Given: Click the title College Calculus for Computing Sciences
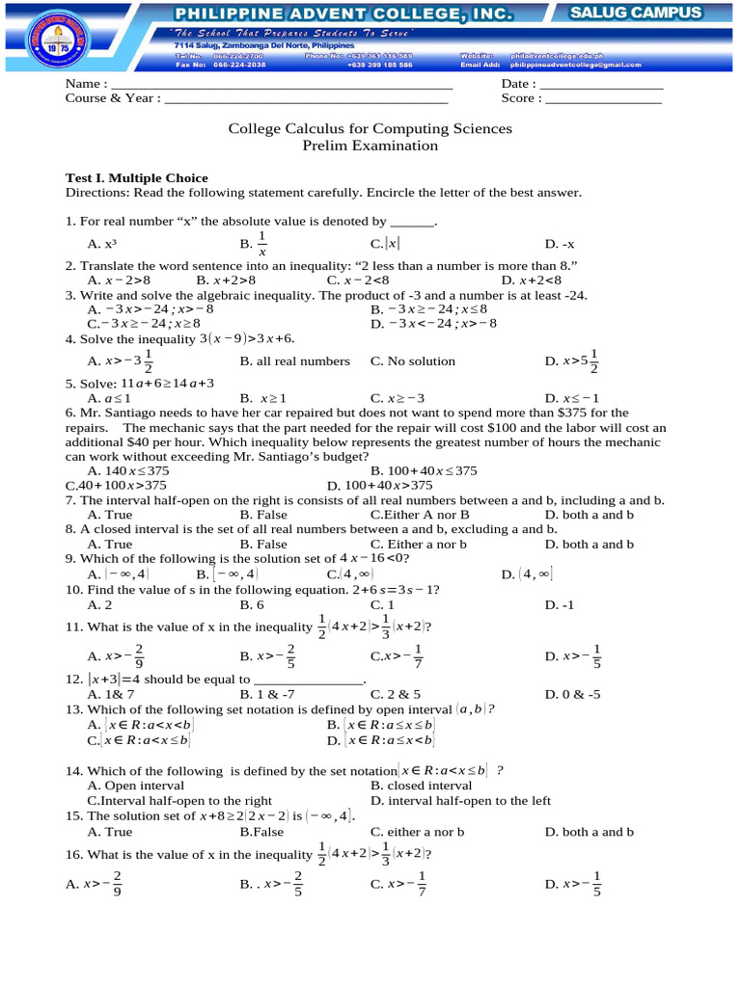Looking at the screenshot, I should [370, 128].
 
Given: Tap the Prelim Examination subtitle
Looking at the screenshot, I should [370, 146].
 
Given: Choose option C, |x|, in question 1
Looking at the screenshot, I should [385, 245].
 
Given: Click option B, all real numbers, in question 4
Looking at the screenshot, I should [294, 361].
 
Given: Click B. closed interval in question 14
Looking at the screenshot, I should [421, 786].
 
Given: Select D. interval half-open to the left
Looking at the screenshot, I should [460, 801].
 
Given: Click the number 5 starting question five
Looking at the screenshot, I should [69, 383].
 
